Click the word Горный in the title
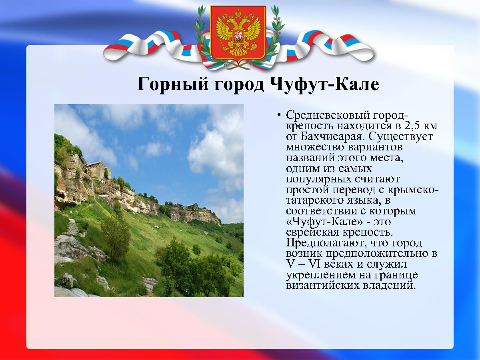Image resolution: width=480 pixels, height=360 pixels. tap(172, 84)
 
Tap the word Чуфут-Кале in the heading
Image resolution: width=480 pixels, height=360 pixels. tap(324, 84)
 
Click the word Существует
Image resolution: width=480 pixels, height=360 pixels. tap(401, 137)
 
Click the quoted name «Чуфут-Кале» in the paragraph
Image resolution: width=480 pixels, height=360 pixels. tap(324, 222)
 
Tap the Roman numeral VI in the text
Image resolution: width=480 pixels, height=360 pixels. tap(314, 264)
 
